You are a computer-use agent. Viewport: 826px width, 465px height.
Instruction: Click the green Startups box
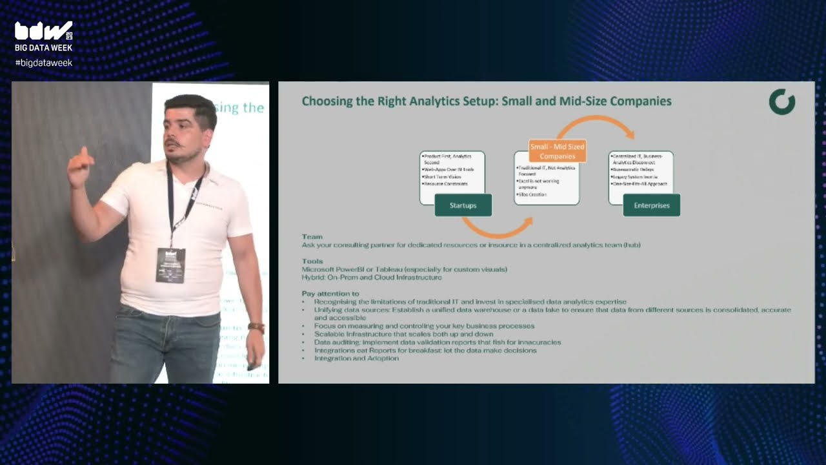(x=463, y=205)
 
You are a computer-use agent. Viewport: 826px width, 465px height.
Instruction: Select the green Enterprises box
(x=651, y=205)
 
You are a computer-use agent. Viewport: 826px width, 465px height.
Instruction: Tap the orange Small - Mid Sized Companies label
(x=557, y=151)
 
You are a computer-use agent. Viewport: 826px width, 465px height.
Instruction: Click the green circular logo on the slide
(x=782, y=102)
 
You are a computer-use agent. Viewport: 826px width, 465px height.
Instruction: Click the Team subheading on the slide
(x=312, y=237)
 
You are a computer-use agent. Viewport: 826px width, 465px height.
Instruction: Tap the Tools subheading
(x=312, y=262)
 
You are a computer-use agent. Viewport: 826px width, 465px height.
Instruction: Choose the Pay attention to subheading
(x=330, y=294)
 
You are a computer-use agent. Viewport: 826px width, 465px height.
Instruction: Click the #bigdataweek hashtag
(x=43, y=63)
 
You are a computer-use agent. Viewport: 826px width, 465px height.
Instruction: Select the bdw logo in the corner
(x=43, y=31)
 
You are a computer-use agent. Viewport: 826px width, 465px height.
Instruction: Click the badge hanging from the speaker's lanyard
(x=170, y=265)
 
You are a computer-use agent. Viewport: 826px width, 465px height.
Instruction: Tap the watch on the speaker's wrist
(x=256, y=327)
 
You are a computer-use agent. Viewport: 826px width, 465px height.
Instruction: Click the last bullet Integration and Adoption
(x=356, y=358)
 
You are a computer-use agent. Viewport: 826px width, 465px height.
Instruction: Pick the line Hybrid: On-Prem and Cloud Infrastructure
(x=372, y=277)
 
